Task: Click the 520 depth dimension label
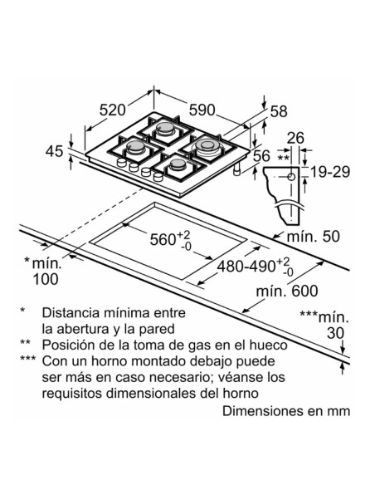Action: [112, 109]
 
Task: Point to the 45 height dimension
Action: [54, 151]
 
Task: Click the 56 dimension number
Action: [262, 155]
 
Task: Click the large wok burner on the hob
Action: [207, 149]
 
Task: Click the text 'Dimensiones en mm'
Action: [286, 411]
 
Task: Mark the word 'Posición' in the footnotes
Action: [68, 345]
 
